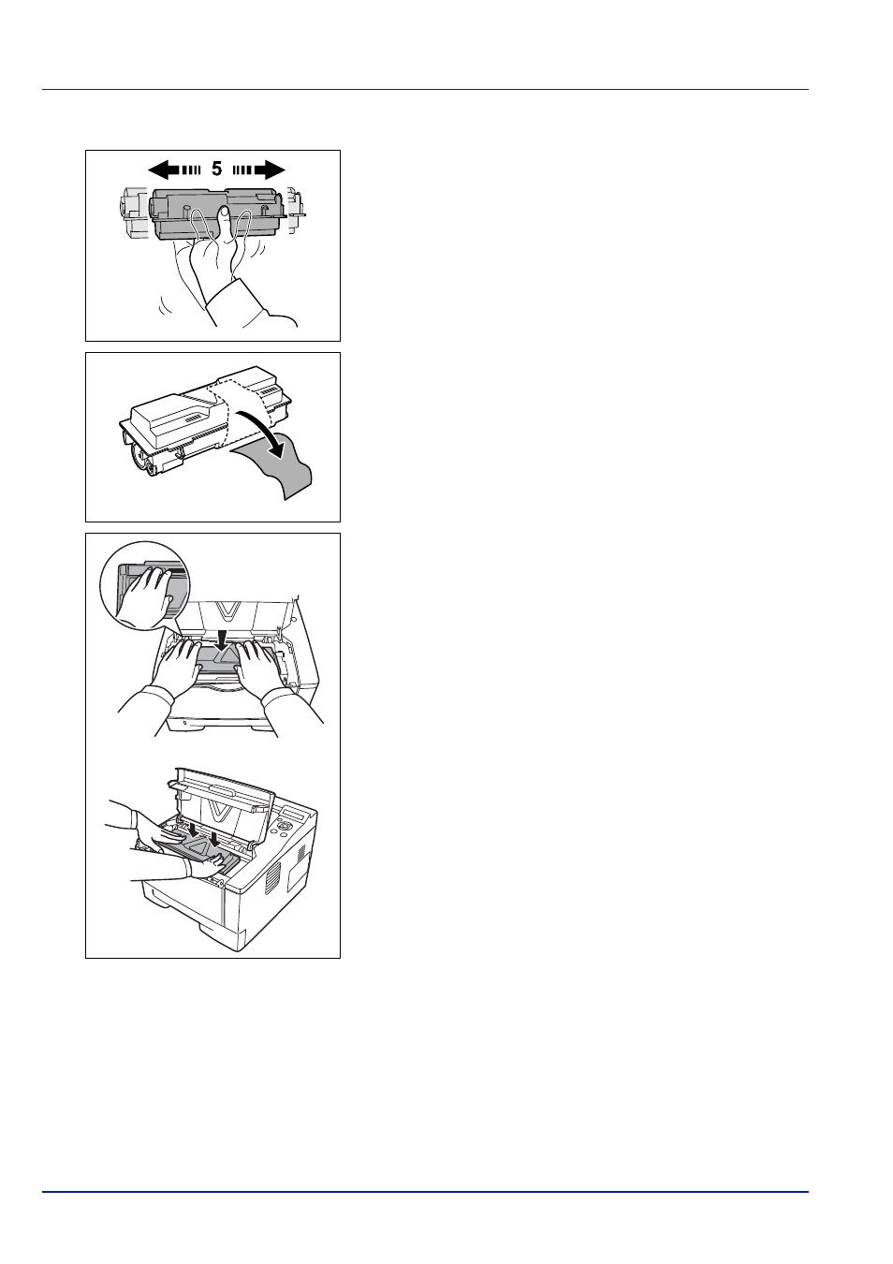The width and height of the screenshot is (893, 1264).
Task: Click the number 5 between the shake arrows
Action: click(x=217, y=169)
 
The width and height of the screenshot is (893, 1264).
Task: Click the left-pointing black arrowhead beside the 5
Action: click(x=158, y=169)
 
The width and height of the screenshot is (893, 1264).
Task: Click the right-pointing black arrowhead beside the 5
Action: click(x=275, y=169)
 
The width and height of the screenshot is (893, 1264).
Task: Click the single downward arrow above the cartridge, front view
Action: click(x=224, y=635)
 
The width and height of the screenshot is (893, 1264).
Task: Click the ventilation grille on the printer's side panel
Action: click(x=273, y=877)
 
